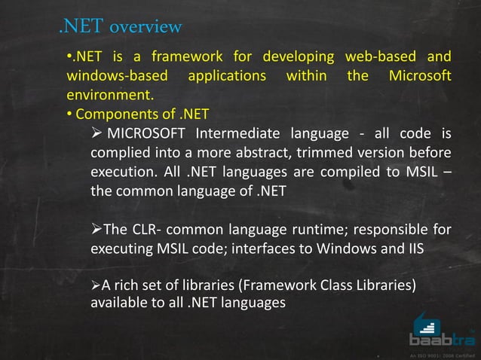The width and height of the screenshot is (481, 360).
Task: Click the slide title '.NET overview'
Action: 121,28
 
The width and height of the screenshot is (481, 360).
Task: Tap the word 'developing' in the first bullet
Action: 292,56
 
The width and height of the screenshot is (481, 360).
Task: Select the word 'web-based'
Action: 373,56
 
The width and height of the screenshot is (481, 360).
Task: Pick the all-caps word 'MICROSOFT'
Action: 147,135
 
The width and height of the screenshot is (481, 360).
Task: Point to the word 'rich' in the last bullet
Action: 127,287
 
